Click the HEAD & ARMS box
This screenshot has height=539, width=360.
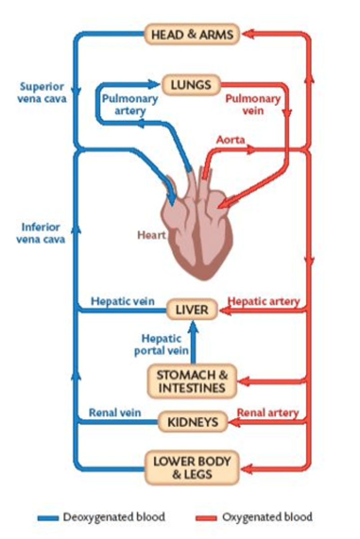192,35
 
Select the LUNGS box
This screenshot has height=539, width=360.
191,84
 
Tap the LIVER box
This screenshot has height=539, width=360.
192,310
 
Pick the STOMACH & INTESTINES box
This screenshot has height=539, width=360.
192,381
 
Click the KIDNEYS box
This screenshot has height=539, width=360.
193,422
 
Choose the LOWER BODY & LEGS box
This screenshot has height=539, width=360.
192,468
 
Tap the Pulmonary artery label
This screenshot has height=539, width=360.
129,104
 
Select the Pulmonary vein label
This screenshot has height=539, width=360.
253,104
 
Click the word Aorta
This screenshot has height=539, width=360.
231,140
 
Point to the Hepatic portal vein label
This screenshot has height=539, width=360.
162,345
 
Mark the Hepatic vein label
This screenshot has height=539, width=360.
123,301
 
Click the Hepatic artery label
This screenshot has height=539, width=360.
264,301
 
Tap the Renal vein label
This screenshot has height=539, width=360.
115,412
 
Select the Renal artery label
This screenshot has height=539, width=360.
268,412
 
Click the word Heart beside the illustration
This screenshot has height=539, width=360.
151,234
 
